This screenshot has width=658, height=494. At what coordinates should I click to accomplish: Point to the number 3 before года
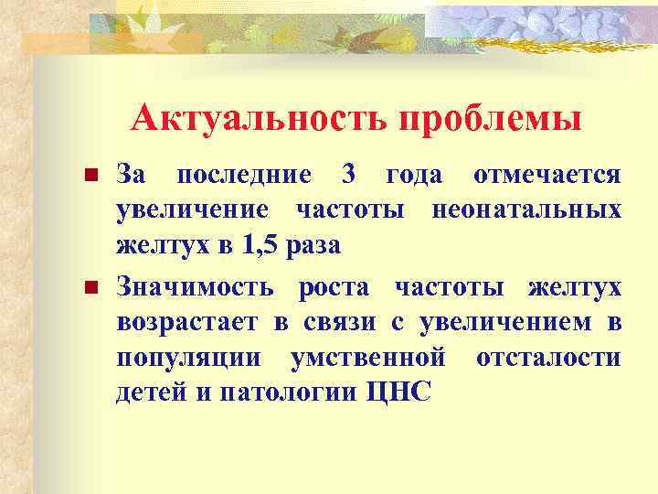pos(347,174)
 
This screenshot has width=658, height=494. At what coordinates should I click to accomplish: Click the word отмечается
pos(547,174)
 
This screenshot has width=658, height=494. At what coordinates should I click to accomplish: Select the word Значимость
pos(194,288)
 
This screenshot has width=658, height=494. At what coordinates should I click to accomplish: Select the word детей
pos(144,392)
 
